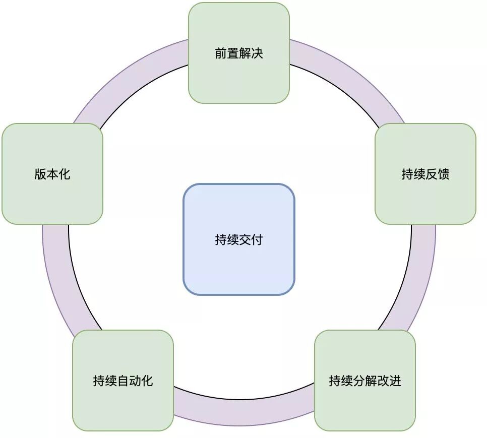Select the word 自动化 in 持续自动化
coord(135,381)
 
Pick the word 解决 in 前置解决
coord(251,53)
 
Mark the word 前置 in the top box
coord(227,53)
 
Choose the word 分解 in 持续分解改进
coord(364,381)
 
